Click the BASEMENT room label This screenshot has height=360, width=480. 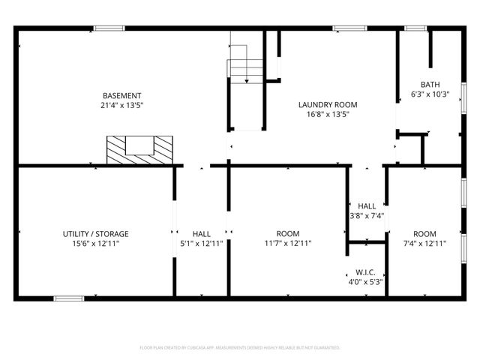point(122,95)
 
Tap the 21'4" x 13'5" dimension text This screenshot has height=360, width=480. point(122,106)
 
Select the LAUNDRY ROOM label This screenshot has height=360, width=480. point(327,104)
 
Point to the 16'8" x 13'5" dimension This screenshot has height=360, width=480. point(327,115)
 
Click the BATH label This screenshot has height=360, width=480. point(430,85)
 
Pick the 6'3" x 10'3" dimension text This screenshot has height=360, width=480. point(430,94)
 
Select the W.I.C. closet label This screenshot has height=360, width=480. point(365,272)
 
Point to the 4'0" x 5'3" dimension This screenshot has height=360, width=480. point(365,282)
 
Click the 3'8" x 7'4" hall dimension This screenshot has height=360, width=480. point(367,216)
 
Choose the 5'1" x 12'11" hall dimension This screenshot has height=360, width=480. point(201,243)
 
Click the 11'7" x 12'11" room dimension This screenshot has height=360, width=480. point(288,243)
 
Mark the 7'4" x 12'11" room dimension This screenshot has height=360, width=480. point(424,243)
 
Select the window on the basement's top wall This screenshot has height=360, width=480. point(109,28)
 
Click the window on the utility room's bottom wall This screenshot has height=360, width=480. point(68,298)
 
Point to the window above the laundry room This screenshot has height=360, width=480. point(345,28)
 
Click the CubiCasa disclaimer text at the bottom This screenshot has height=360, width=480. point(240,348)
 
